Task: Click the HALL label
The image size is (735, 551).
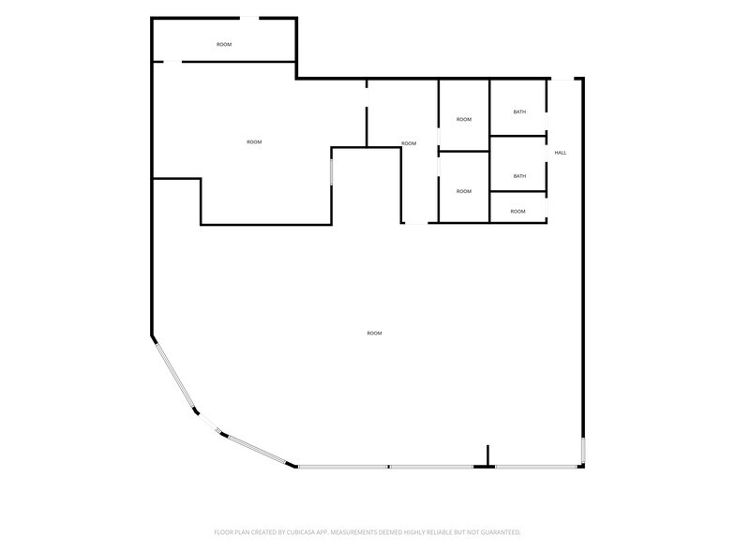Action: (561, 153)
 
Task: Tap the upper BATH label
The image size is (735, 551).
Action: (519, 112)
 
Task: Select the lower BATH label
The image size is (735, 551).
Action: (519, 176)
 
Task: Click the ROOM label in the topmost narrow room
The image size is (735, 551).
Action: (224, 45)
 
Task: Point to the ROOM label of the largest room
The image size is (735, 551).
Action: (374, 334)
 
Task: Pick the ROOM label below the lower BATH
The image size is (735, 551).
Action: (517, 212)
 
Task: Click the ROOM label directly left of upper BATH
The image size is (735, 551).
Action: (463, 120)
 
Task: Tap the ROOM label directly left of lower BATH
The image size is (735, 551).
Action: (463, 191)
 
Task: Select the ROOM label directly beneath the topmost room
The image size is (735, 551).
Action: (254, 142)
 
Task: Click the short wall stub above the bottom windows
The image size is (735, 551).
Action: (487, 455)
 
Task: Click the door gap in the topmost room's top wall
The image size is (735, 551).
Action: (249, 19)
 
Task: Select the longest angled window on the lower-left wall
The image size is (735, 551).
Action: (175, 377)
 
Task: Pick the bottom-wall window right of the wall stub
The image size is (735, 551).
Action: (536, 467)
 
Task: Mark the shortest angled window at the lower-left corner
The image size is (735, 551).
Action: (217, 430)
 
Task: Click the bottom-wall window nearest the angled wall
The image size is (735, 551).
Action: (343, 467)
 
